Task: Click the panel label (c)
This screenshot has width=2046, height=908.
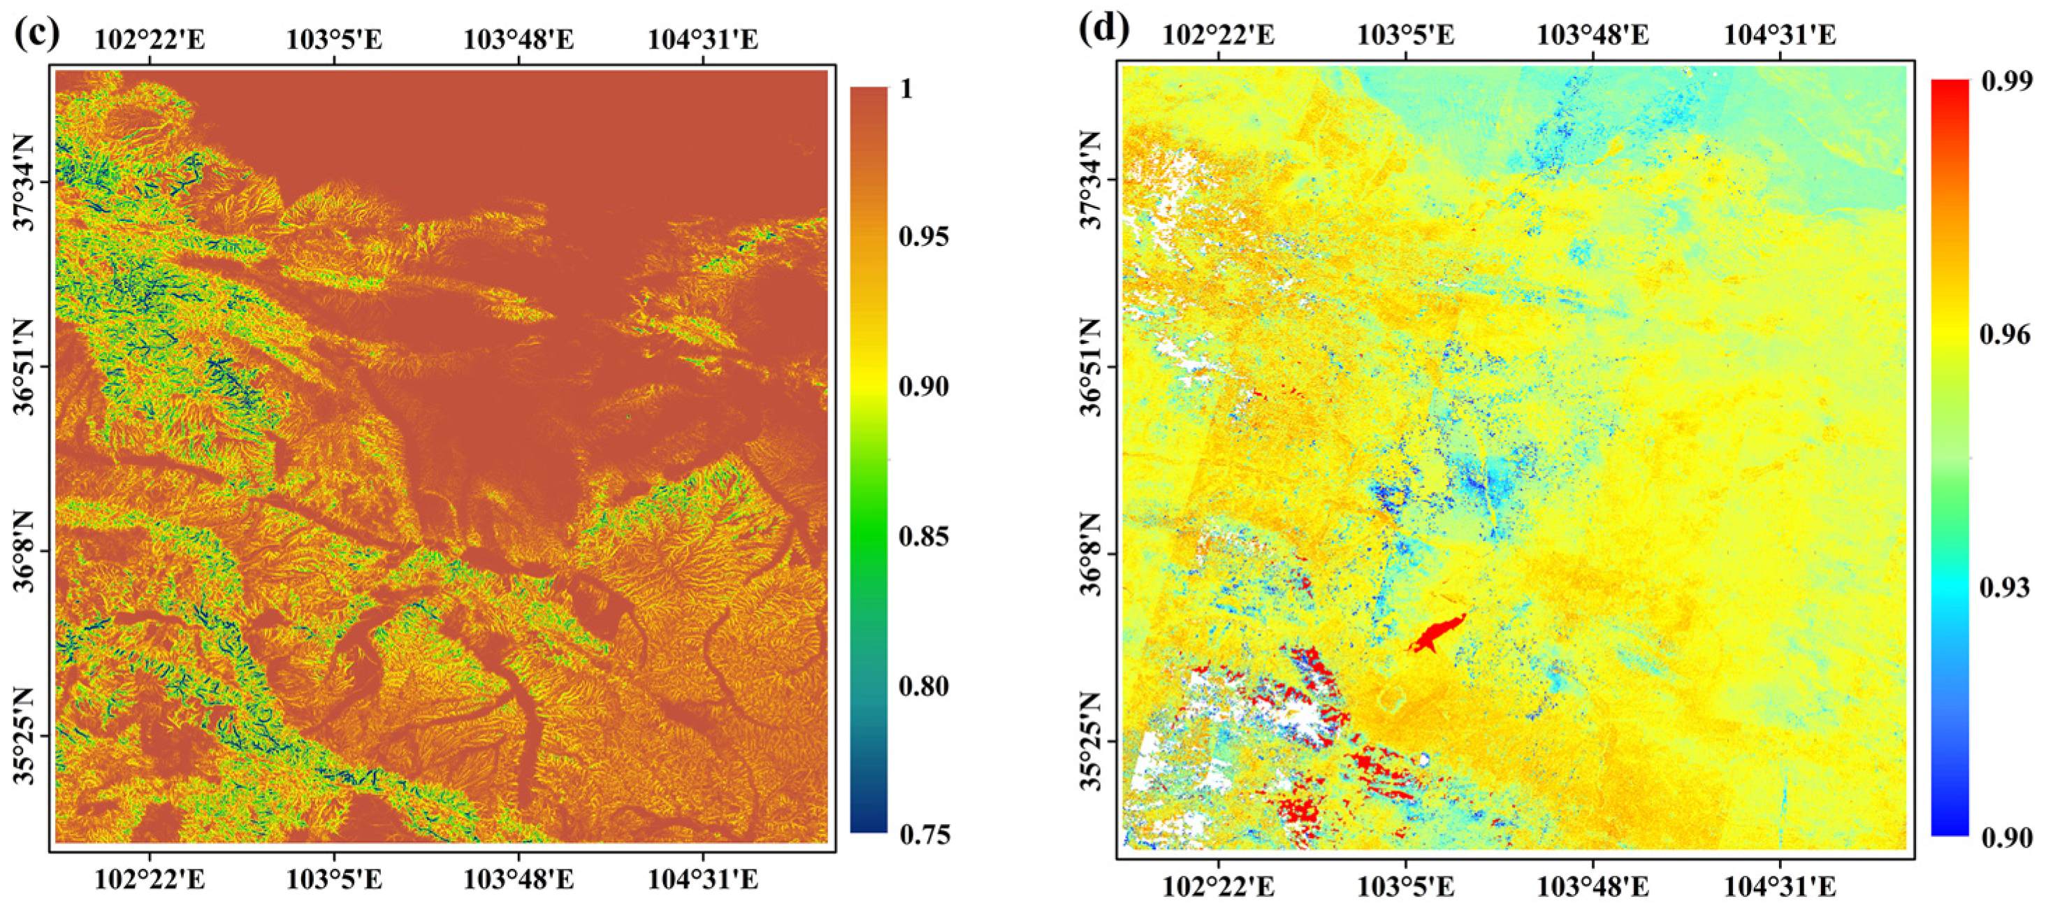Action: pos(36,36)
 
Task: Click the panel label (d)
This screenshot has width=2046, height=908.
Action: pos(1104,29)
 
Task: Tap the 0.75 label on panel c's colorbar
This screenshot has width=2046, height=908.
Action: pos(924,834)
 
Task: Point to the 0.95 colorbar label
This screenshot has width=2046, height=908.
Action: pos(924,237)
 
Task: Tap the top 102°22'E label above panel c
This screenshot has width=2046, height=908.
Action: pos(150,39)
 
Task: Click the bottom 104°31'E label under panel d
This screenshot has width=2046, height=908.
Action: pos(1780,886)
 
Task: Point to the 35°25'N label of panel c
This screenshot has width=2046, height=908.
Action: pos(27,735)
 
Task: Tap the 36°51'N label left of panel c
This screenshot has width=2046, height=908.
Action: pos(27,366)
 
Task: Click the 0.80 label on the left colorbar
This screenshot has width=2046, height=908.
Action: pos(924,686)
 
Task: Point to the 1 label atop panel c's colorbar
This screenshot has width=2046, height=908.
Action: pos(906,88)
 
